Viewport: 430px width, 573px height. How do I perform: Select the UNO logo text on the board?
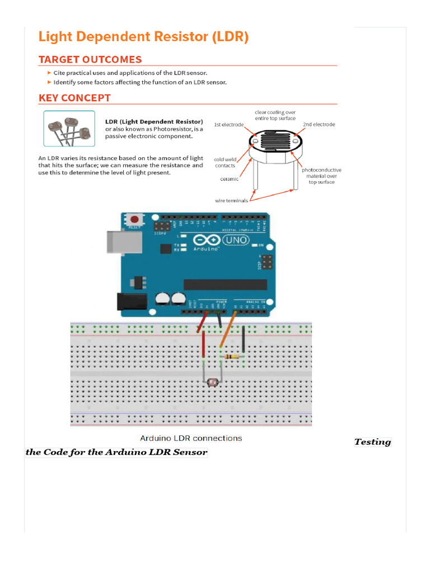pos(239,240)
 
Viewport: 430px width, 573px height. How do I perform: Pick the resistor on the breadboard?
pos(232,356)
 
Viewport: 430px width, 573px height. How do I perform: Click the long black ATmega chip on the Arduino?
pos(225,284)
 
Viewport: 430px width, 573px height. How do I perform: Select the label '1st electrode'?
pos(229,124)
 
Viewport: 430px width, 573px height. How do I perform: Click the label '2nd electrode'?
pos(319,124)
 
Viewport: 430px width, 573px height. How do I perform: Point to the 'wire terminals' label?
pos(232,200)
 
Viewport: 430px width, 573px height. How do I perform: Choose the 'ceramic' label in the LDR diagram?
pos(229,179)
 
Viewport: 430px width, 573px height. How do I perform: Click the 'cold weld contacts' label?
pos(225,162)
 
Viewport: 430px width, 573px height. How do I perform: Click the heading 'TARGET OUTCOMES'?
pos(90,59)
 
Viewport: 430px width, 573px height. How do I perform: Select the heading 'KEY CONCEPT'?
pos(74,98)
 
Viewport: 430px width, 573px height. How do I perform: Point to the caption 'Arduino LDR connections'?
pos(191,438)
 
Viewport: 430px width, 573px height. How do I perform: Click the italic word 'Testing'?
pos(372,442)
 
